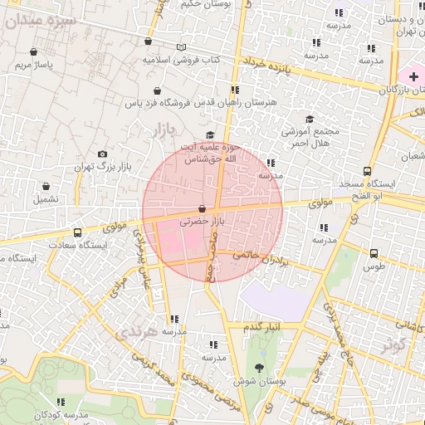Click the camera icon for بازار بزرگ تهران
(102, 154)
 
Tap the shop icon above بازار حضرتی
(203, 208)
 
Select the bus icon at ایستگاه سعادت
(77, 232)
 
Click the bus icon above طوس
(374, 253)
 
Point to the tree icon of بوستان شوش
(261, 368)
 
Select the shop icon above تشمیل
(46, 186)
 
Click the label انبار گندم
(263, 327)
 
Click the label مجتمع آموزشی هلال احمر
(310, 137)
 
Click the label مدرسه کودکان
(64, 414)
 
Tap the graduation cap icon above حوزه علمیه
(210, 134)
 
